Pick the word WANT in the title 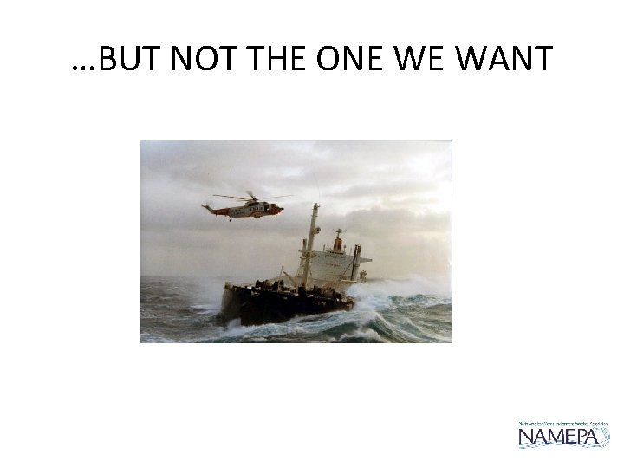[x=503, y=59]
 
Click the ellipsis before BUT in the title [x=81, y=68]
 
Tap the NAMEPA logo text [x=563, y=436]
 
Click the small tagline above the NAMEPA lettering [x=563, y=423]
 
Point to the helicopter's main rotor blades [x=251, y=196]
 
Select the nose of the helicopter [x=278, y=209]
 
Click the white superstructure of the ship [x=334, y=265]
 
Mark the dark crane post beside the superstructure [x=356, y=262]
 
